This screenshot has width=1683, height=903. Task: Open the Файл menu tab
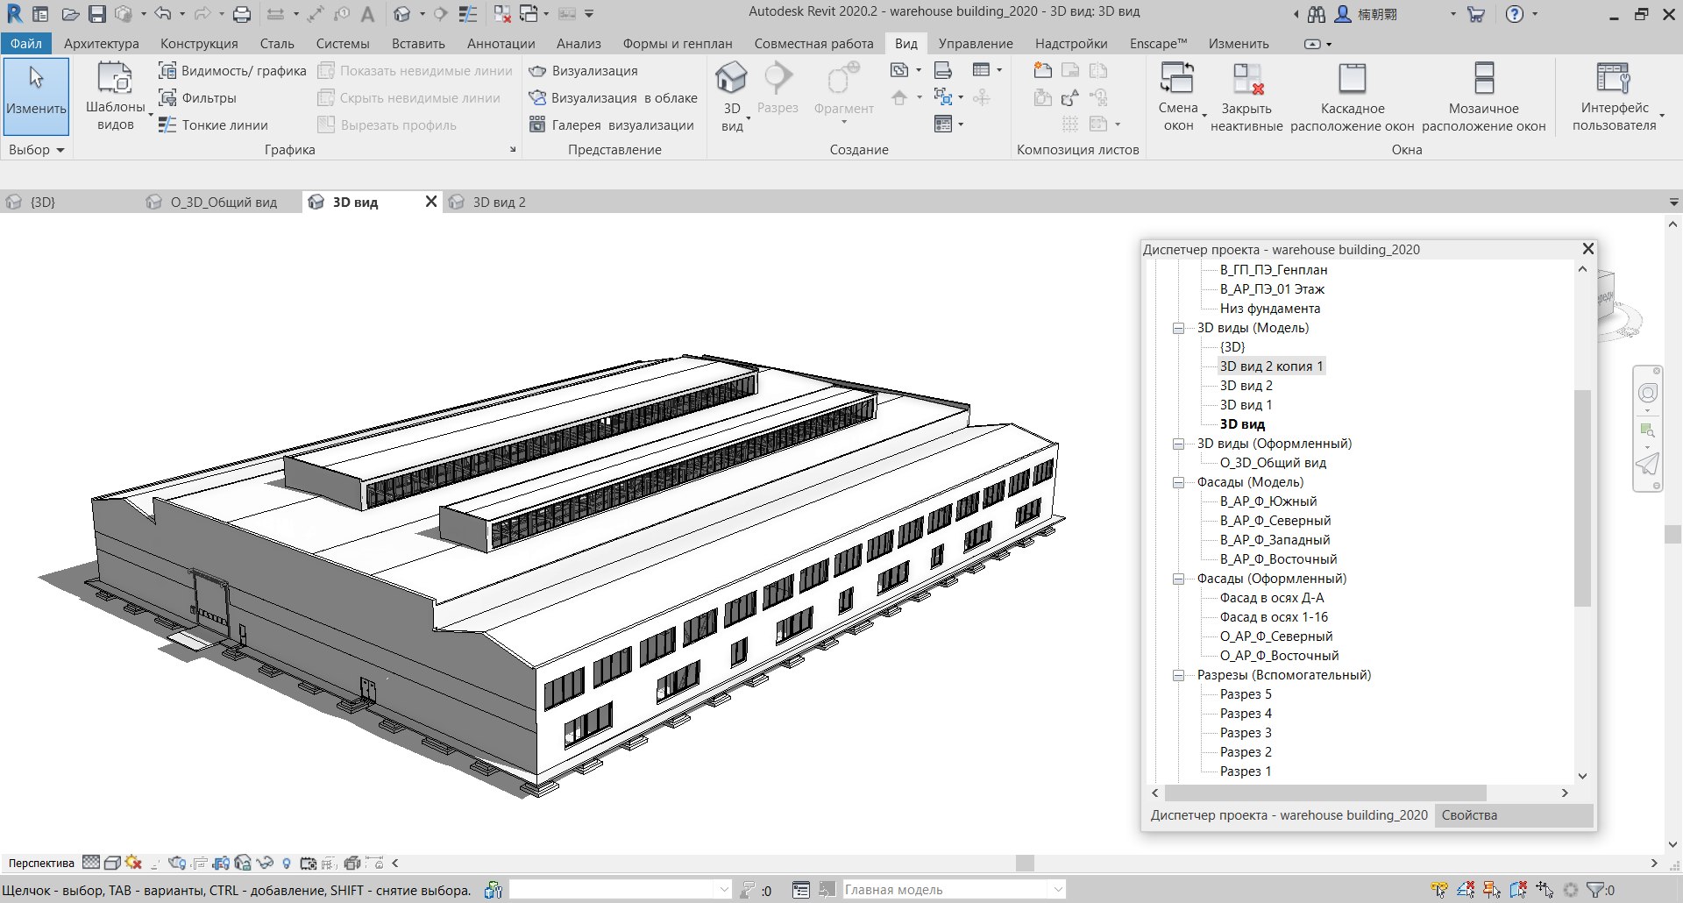(x=26, y=44)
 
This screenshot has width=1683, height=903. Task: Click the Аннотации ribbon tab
(x=501, y=44)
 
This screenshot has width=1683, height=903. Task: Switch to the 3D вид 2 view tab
(x=499, y=203)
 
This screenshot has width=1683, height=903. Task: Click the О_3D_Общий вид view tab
(x=224, y=203)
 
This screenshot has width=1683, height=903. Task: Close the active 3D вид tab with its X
(x=431, y=202)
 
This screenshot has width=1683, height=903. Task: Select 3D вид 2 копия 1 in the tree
(x=1271, y=366)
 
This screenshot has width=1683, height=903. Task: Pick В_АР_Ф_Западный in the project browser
(x=1275, y=540)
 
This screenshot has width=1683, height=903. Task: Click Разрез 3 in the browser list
(x=1246, y=733)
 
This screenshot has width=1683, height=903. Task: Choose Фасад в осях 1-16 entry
(x=1274, y=617)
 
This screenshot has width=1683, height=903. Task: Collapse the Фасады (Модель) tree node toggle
(x=1179, y=482)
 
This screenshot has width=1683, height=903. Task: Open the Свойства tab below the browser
(x=1469, y=815)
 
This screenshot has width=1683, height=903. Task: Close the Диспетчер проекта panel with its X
(x=1587, y=249)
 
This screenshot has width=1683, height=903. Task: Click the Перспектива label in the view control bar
(x=41, y=864)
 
